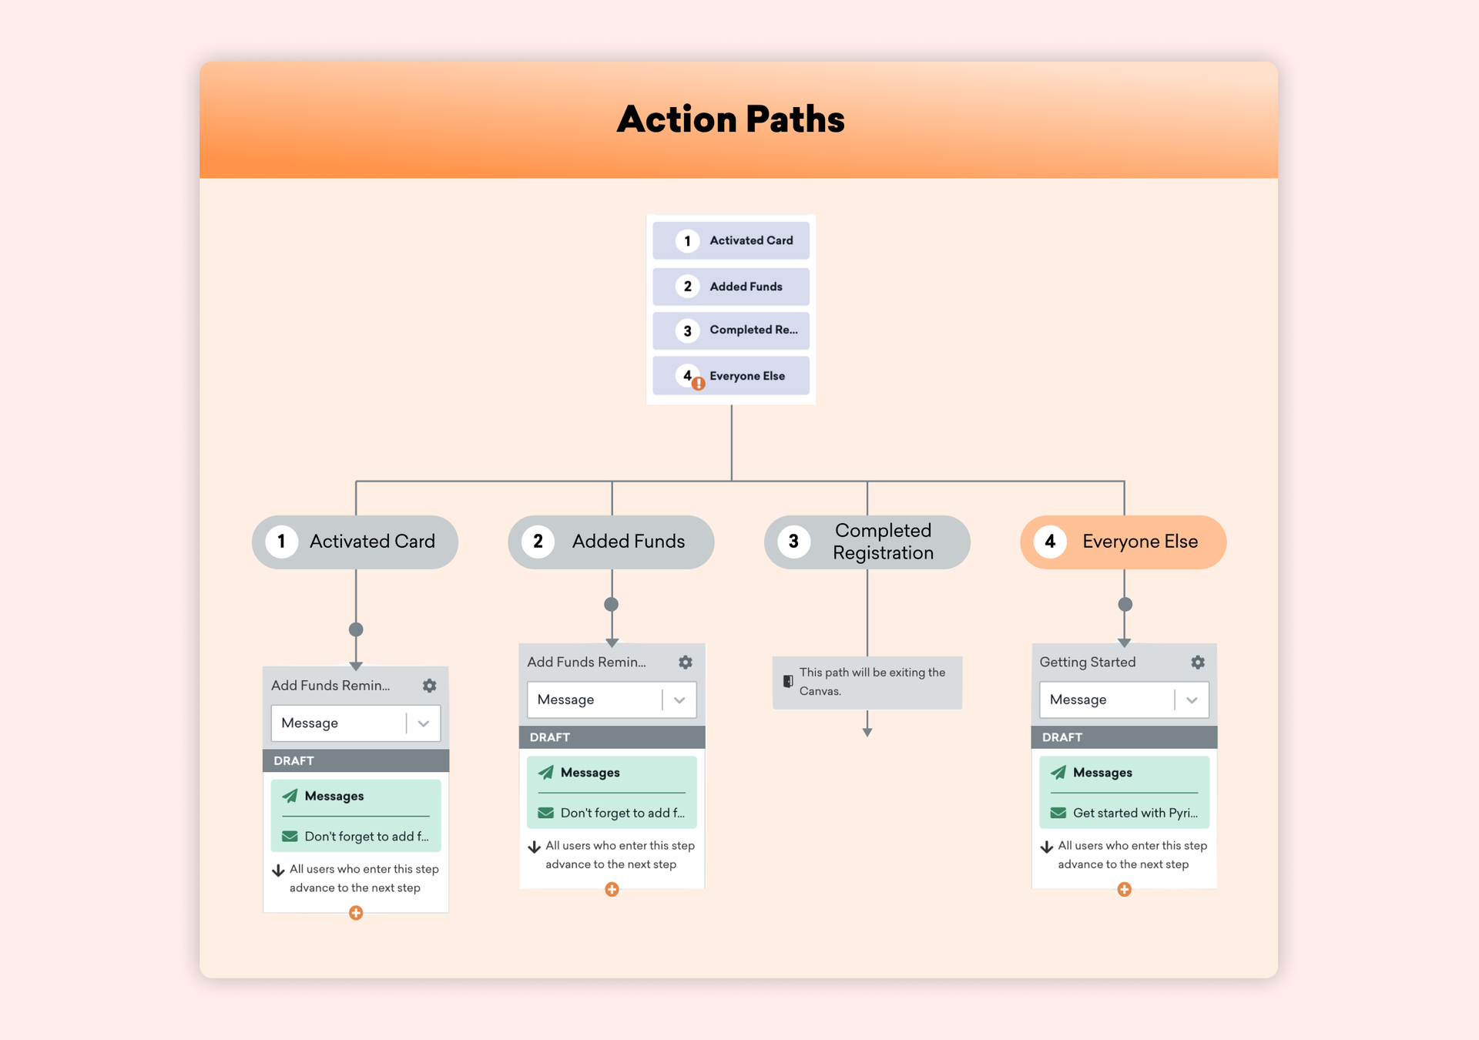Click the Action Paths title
730,119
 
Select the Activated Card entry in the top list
730,240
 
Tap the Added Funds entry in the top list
730,287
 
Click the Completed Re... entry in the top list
730,330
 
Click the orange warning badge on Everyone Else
698,384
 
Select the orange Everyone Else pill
1122,542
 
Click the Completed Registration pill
867,542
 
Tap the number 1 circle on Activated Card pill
282,542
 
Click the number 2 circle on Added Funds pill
538,542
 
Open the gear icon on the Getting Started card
1197,662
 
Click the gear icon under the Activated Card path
429,686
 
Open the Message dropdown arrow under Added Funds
679,699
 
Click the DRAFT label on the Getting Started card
1061,737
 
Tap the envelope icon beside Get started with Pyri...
1058,813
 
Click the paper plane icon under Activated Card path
290,796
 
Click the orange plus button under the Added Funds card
612,890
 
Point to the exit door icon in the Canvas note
788,681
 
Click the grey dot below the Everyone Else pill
1125,605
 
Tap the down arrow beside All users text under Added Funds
534,847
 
